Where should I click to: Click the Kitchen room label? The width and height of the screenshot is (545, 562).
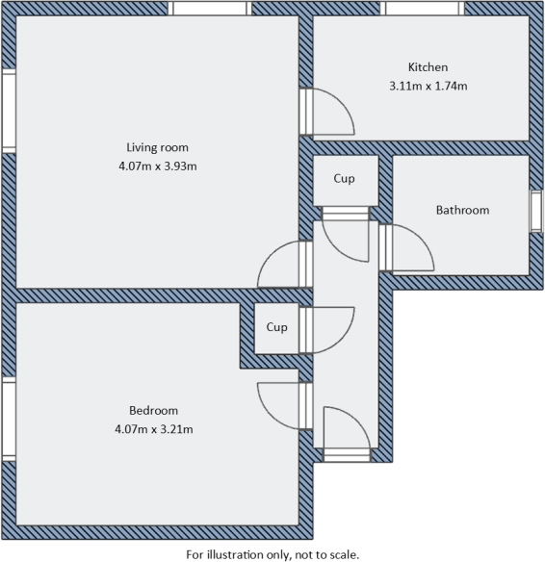pos(428,67)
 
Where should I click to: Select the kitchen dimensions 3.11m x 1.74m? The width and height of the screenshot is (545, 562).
pos(428,86)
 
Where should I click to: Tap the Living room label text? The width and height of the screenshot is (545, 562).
pos(157,147)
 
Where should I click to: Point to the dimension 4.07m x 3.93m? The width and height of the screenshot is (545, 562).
pos(157,166)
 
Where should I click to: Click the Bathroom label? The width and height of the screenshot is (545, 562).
pos(462,210)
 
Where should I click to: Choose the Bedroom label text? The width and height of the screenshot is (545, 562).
pos(154,410)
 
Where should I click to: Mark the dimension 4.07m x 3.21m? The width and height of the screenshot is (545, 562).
pos(154,428)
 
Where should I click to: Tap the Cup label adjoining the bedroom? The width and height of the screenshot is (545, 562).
pos(277,327)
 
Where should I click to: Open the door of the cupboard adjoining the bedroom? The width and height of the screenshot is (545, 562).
pos(329,327)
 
